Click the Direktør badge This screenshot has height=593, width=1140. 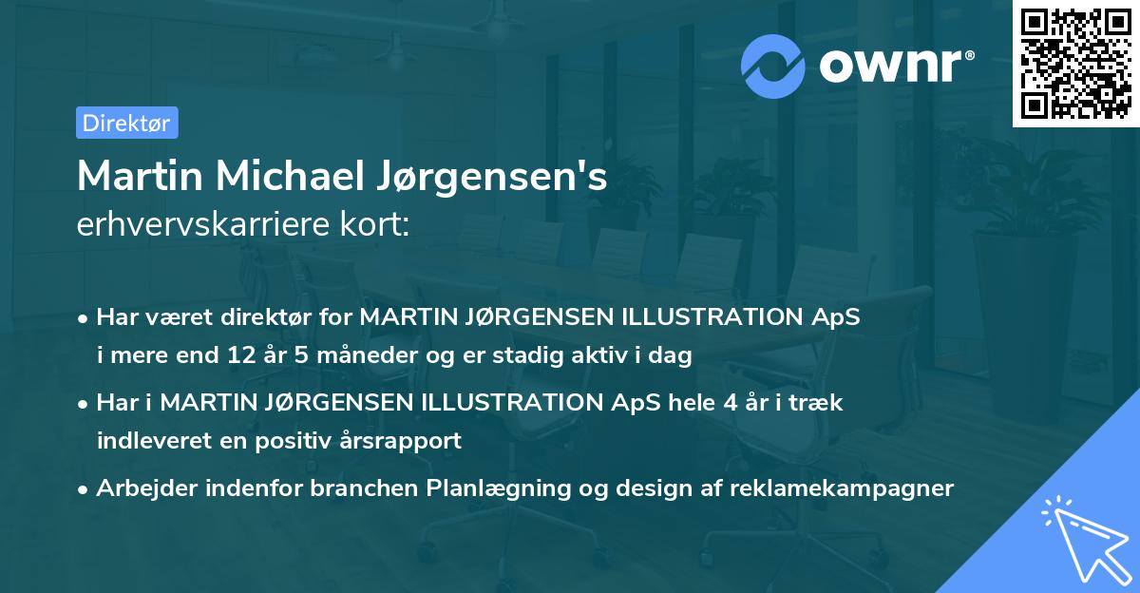pos(126,123)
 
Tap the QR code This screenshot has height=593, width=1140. pos(1075,63)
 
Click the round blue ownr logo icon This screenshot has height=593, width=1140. pos(773,66)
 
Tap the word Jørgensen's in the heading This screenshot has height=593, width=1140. pos(503,177)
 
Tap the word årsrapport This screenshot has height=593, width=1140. pos(404,440)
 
